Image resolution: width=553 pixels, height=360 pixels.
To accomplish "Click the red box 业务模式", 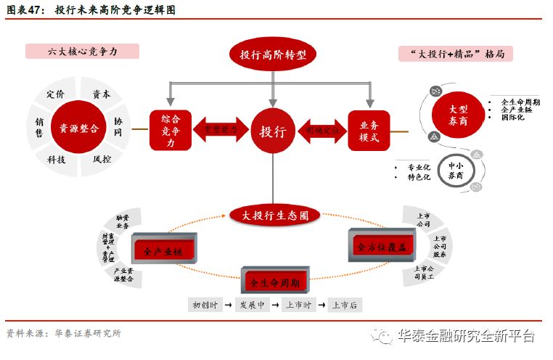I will (x=369, y=131).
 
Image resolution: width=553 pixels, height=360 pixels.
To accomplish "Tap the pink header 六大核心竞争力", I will (x=82, y=52).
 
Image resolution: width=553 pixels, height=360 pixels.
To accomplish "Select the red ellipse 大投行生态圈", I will (x=274, y=216).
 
